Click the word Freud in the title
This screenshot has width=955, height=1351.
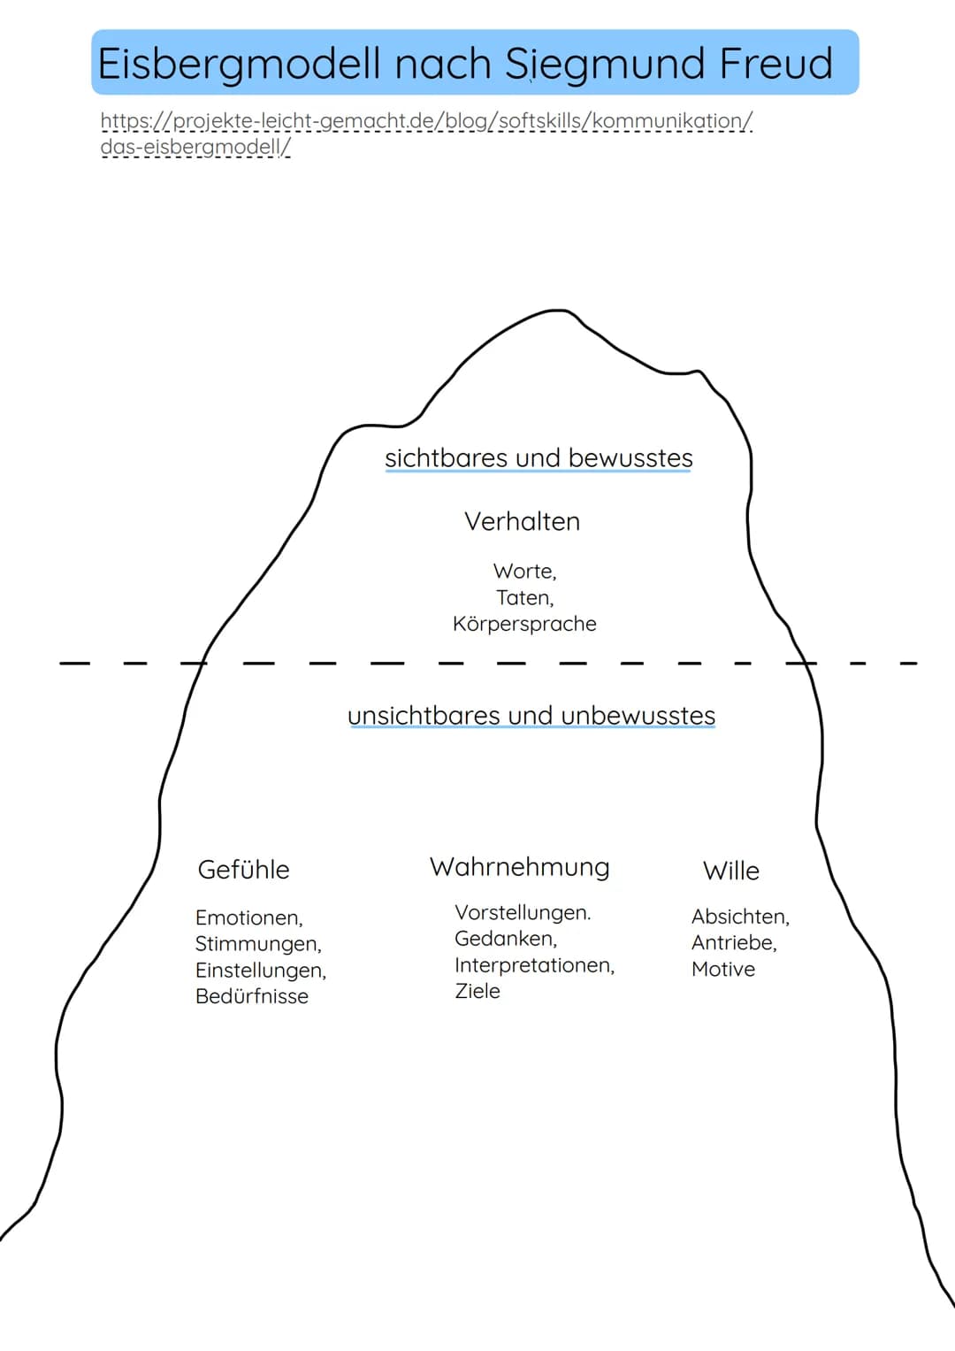click(x=775, y=64)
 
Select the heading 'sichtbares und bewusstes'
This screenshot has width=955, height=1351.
click(x=539, y=458)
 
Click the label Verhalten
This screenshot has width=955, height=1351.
click(x=522, y=521)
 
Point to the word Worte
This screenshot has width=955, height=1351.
click(x=524, y=572)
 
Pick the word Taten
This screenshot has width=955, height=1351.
click(x=524, y=598)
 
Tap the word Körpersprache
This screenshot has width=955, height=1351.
click(x=524, y=624)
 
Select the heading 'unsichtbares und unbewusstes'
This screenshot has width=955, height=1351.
click(x=531, y=716)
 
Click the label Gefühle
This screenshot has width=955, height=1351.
click(x=243, y=870)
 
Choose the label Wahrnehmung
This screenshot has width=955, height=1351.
click(x=520, y=867)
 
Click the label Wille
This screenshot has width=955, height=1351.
click(x=730, y=871)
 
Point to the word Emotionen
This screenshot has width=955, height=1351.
click(x=248, y=917)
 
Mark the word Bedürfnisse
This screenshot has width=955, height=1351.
click(x=252, y=996)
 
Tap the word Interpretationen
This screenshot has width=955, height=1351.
click(x=534, y=965)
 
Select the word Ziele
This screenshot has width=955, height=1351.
click(x=477, y=991)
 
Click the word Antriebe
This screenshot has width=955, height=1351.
click(x=734, y=943)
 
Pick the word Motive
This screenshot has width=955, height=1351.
click(x=723, y=970)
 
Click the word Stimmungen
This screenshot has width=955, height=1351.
click(x=258, y=944)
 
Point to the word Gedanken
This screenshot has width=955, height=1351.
click(x=506, y=939)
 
